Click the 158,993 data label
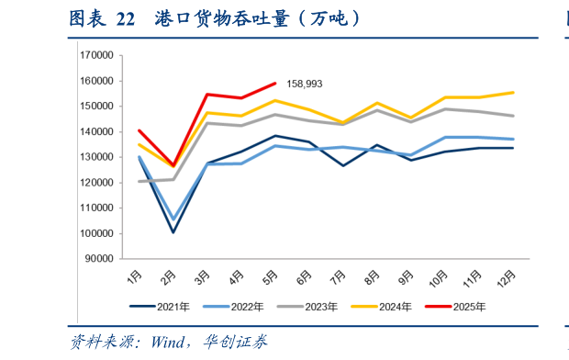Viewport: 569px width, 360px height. (305, 84)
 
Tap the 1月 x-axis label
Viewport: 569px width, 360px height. (134, 275)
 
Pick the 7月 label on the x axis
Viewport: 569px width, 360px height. (339, 275)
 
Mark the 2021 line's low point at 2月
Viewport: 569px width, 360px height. (173, 231)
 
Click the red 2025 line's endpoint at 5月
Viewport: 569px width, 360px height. (275, 83)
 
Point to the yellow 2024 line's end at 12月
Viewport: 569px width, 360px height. (512, 92)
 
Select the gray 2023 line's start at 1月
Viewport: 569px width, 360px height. (139, 181)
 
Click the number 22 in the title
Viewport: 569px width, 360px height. (127, 17)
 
